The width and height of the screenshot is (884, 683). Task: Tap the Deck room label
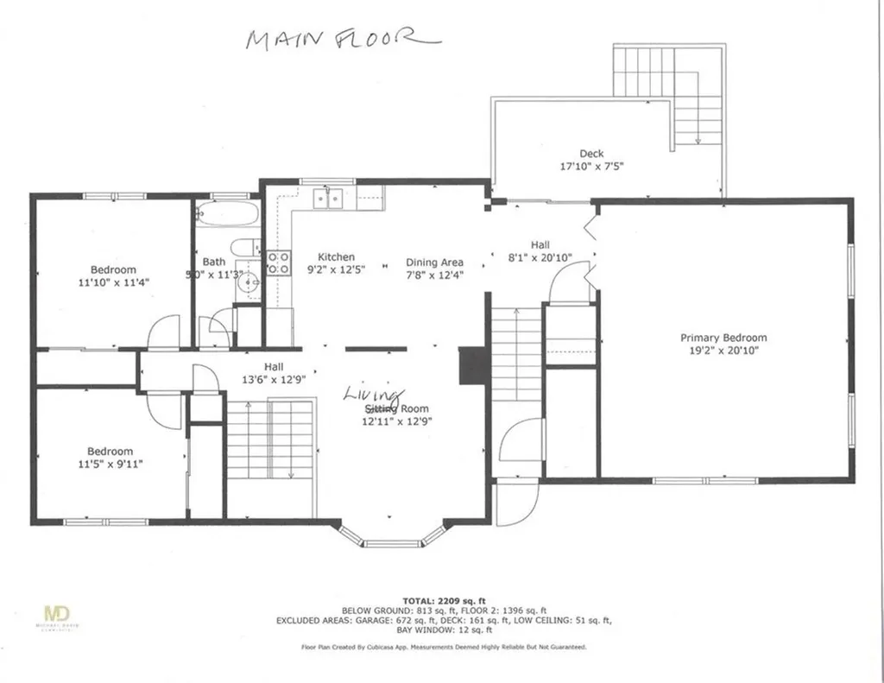click(591, 154)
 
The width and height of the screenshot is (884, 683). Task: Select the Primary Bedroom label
click(723, 338)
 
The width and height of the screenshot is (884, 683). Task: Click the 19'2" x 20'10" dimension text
click(723, 351)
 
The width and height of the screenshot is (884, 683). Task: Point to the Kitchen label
click(336, 257)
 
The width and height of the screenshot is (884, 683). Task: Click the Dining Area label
click(435, 262)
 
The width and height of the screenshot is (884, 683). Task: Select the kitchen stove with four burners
click(277, 262)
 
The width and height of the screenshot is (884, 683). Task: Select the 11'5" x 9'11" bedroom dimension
click(110, 464)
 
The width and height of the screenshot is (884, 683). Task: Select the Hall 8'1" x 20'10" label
click(540, 251)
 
